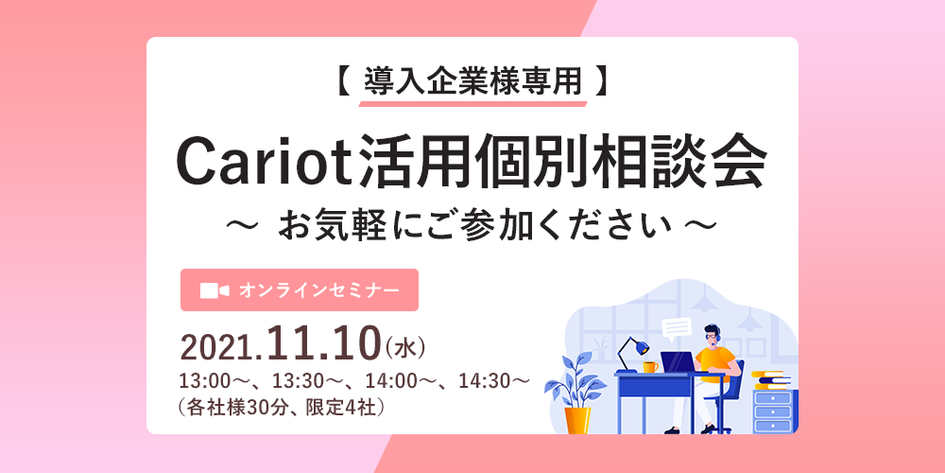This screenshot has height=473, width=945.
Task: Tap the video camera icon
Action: click(x=215, y=290)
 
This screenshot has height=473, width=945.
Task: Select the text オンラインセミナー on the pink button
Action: click(x=318, y=290)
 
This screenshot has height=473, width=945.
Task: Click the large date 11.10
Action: click(x=326, y=344)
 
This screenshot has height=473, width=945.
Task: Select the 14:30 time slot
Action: click(x=484, y=382)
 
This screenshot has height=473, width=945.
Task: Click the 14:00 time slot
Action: click(x=390, y=382)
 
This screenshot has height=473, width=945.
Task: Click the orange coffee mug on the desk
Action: click(x=650, y=367)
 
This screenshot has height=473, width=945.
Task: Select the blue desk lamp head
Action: click(x=639, y=347)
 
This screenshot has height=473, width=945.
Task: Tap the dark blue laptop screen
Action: click(x=679, y=362)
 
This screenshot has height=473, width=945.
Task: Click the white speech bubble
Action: click(x=676, y=328)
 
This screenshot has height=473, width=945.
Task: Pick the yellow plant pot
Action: click(x=577, y=421)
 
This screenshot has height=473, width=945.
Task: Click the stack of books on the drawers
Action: click(x=771, y=380)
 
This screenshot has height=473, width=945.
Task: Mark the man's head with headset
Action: click(x=712, y=335)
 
